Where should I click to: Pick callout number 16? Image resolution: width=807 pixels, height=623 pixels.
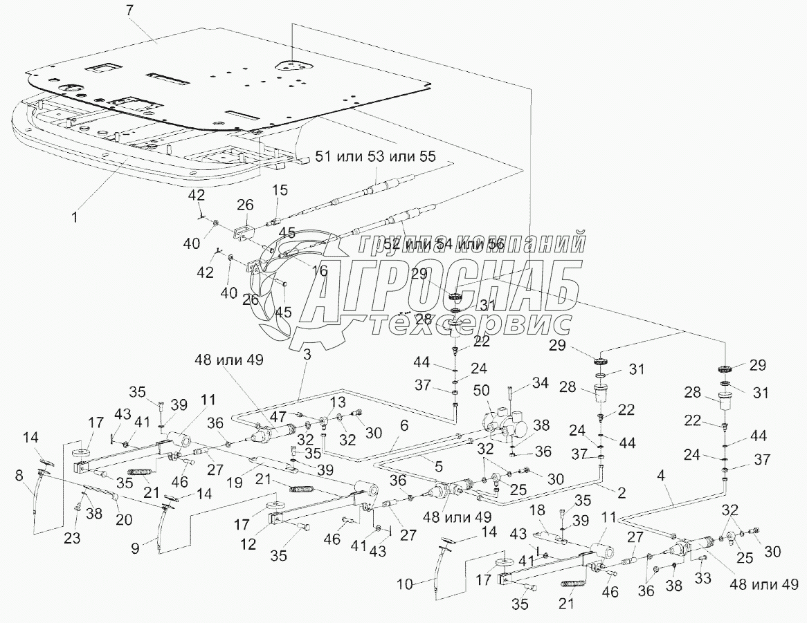coord(319,270)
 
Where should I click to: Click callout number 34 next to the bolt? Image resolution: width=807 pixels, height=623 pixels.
coord(539,382)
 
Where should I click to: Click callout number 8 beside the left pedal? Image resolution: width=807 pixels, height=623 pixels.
coord(19,476)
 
